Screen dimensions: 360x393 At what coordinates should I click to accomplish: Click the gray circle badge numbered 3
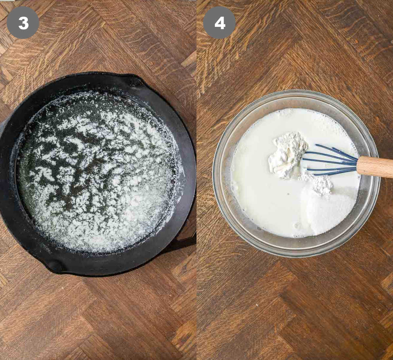pyautogui.click(x=23, y=23)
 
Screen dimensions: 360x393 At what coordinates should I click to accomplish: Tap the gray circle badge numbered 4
pyautogui.click(x=219, y=23)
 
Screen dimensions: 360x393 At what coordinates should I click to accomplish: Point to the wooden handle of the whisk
pyautogui.click(x=375, y=167)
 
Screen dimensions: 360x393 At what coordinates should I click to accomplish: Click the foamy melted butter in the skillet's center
pyautogui.click(x=95, y=170)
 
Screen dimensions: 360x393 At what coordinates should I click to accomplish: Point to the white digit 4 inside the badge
pyautogui.click(x=219, y=23)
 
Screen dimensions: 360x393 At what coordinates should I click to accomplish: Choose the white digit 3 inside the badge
pyautogui.click(x=23, y=23)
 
